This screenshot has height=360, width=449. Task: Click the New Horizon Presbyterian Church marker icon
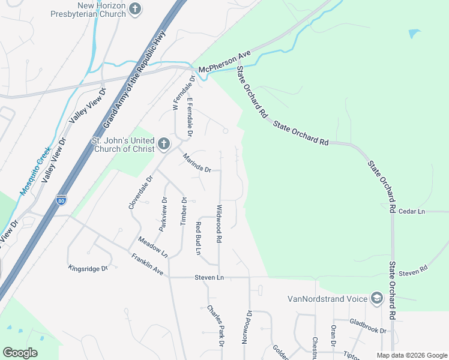pos(136,9)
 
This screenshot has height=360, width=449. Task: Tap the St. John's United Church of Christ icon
pos(164,144)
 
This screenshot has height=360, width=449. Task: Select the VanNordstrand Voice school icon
pos(376,298)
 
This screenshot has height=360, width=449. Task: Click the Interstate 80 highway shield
pos(61,200)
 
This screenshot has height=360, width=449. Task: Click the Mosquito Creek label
pos(35,172)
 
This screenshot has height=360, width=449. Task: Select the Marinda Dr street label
pos(197,162)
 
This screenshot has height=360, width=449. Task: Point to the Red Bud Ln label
pos(197,238)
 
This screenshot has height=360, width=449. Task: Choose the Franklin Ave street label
pos(147,264)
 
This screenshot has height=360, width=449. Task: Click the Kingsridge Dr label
pos(88,268)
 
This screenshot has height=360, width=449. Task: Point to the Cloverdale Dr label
pos(141,193)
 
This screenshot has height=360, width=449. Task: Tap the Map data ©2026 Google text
pos(411,355)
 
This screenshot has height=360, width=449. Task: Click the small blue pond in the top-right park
pos(414,34)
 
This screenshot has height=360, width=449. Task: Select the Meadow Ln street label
pos(152,247)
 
